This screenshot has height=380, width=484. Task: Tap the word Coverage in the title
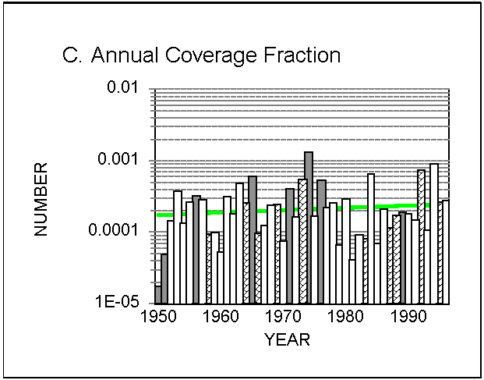coord(210,55)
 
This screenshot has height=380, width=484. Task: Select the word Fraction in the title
coord(302,55)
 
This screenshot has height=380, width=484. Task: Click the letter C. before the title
coord(72,55)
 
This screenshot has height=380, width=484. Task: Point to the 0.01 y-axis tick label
coord(122,87)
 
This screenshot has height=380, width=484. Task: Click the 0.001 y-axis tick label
coord(118,158)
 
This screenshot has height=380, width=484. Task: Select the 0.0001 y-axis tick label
coord(113,230)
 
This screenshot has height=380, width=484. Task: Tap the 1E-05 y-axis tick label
coord(117,301)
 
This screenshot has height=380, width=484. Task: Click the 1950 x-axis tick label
coord(158,316)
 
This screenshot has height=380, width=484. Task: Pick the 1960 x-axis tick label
coord(221,316)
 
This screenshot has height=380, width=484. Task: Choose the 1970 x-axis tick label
coord(284,316)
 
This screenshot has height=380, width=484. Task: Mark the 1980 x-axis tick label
coord(346,316)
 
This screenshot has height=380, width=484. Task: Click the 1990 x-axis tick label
coord(408,316)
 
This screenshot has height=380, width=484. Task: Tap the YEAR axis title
coord(287,340)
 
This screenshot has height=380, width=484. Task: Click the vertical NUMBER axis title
coord(41,200)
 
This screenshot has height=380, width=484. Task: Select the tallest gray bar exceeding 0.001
coord(309,228)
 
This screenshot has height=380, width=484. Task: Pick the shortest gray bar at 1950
coord(157,295)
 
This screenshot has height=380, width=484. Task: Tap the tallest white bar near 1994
coord(434,233)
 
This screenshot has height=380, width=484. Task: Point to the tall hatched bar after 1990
coord(422,236)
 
